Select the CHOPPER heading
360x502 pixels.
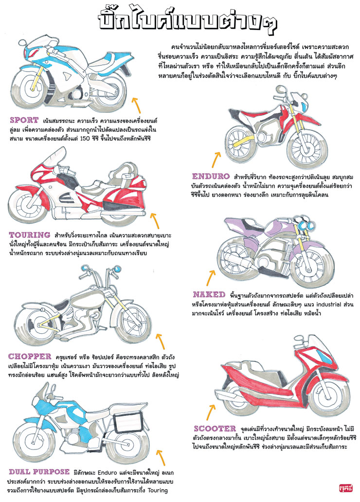coord(30,356)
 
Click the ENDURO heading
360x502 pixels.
coord(211,176)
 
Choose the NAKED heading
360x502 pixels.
coord(209,295)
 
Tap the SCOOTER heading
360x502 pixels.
coord(215,429)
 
